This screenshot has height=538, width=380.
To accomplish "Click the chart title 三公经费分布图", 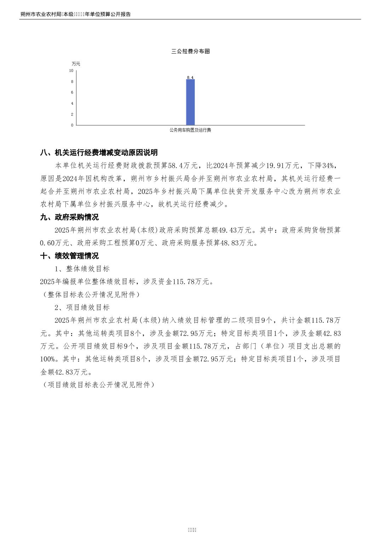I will coord(190,51).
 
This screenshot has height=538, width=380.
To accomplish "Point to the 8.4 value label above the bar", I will coord(190,77).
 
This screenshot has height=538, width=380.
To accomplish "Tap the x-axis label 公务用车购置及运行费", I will coord(190,130).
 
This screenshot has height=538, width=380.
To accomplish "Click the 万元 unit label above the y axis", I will coord(76,64).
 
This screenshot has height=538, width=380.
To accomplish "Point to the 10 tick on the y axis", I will coord(71,71).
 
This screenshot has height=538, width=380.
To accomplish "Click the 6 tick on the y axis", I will coord(72,93).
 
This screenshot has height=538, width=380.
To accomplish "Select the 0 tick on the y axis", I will coord(72,125).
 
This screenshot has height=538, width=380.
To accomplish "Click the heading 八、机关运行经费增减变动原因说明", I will coord(99,153).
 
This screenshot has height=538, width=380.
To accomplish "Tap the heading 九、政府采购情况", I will coord(69,217).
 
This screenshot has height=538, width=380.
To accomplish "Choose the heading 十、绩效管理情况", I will coord(69,256).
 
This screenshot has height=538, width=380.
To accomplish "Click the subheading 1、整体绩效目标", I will coord(82,269).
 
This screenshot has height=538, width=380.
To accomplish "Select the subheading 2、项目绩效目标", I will coord(82,308).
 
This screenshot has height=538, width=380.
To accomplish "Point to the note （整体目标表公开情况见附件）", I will coord(90,294).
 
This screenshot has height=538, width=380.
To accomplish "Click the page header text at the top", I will coord(76,15).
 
